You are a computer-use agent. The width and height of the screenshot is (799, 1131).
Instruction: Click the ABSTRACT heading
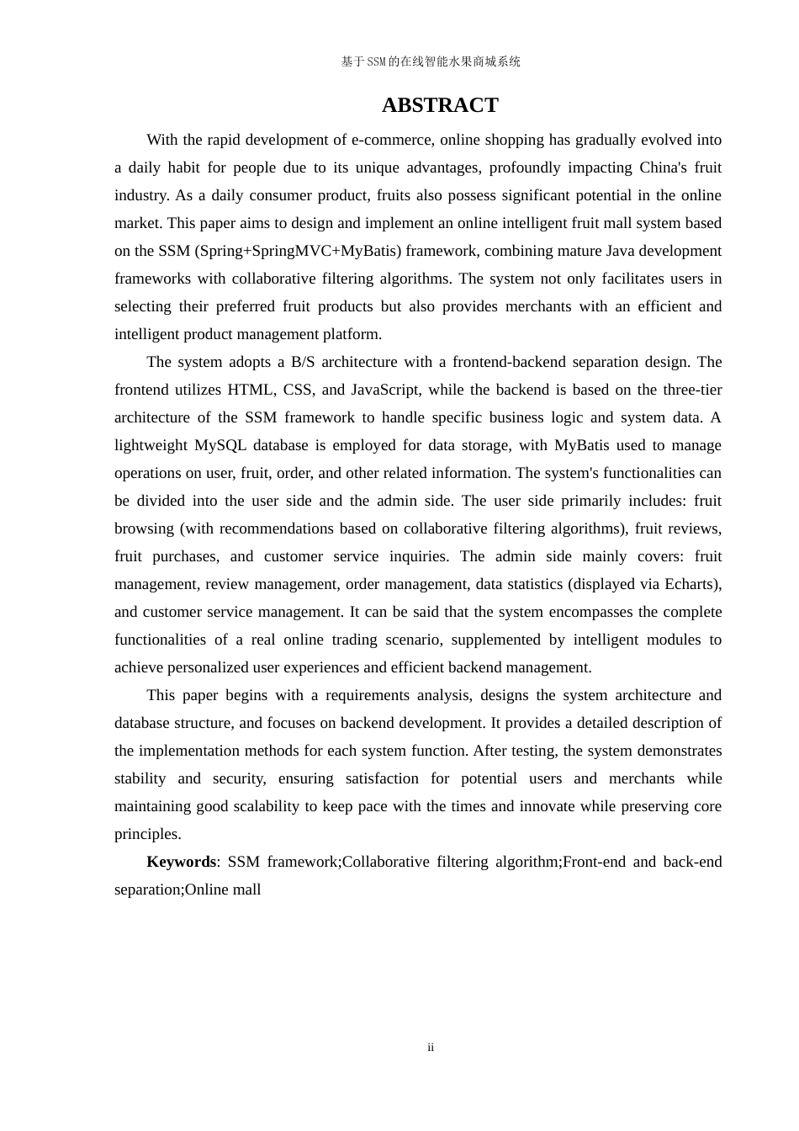tap(440, 105)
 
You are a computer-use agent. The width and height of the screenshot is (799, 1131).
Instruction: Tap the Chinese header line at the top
tap(431, 61)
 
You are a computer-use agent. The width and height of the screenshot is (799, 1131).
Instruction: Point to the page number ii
tap(431, 1048)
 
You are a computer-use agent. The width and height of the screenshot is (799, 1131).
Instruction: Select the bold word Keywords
tap(181, 862)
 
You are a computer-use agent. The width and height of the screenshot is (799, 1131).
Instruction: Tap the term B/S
tap(301, 362)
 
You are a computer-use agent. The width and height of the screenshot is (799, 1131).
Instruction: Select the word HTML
tap(251, 390)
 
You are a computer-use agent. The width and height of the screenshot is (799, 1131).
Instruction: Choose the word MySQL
tap(220, 445)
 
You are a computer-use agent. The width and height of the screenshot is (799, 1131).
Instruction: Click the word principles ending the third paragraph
tap(146, 834)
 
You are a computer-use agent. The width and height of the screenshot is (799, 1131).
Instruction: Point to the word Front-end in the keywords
tap(594, 862)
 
